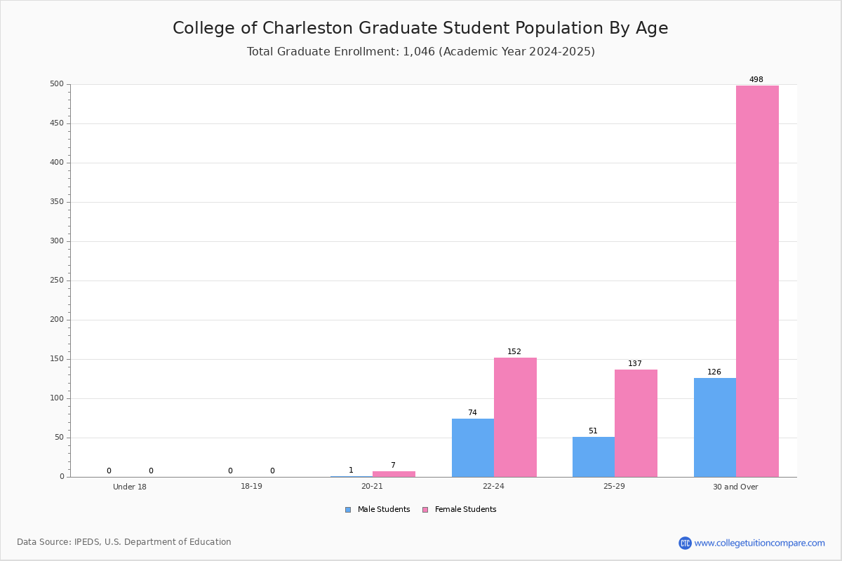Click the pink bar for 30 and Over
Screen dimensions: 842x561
[x=757, y=281]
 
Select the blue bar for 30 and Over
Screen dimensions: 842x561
[x=715, y=428]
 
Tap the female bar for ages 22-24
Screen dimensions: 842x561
[x=515, y=417]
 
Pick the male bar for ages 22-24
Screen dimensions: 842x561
[x=473, y=448]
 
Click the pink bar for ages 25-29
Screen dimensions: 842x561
[x=636, y=424]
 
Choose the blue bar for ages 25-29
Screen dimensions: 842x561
[x=594, y=457]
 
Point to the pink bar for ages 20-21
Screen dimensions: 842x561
[x=394, y=474]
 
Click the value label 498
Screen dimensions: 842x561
[x=756, y=79]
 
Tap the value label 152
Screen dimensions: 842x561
[x=514, y=351]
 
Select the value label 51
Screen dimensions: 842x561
[x=593, y=431]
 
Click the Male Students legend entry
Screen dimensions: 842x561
[x=377, y=509]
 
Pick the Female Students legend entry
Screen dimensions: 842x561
[x=460, y=509]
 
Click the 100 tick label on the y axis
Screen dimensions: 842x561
[x=57, y=398]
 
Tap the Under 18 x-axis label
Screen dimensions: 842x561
[x=130, y=487]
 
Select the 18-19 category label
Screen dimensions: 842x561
[x=251, y=486]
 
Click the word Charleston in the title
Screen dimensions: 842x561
[x=307, y=28]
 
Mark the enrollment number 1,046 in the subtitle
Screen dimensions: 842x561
[x=419, y=51]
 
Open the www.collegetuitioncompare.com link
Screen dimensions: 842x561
[x=759, y=543]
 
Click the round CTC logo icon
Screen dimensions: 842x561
[x=685, y=543]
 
